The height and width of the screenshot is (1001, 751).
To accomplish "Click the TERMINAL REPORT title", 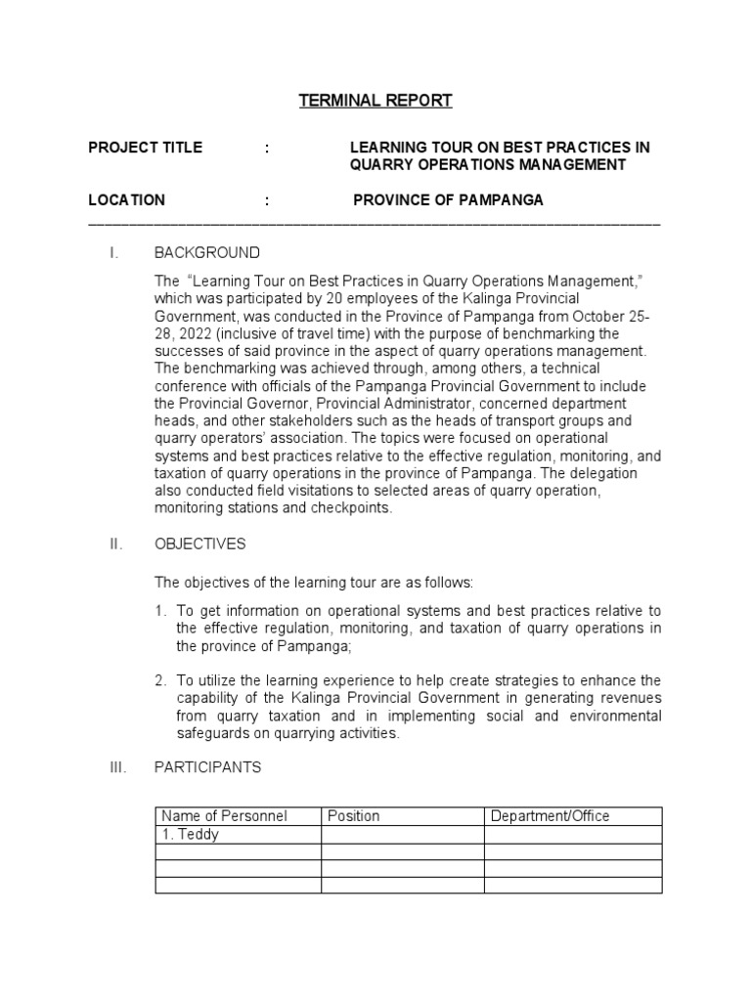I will click(375, 100).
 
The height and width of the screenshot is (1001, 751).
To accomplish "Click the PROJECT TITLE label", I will click(146, 148).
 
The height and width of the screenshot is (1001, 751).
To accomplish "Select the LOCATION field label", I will click(126, 200).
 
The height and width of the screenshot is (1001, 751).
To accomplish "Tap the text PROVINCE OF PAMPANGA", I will click(448, 200).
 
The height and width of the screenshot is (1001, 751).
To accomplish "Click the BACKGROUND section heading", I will click(207, 253).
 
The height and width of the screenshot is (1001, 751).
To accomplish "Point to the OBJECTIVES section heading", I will click(200, 544).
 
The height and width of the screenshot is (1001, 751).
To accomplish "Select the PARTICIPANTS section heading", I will click(208, 767).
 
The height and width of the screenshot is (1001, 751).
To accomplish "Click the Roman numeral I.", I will click(114, 253).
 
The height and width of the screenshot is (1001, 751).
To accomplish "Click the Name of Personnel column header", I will click(224, 816).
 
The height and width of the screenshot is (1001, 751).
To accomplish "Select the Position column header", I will click(354, 816).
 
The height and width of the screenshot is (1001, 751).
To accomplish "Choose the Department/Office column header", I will click(550, 816).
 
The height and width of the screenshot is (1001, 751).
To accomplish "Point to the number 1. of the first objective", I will click(160, 612).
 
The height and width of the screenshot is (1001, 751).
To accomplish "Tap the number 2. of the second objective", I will click(160, 680).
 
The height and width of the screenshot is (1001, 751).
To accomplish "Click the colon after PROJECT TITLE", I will click(266, 148).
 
